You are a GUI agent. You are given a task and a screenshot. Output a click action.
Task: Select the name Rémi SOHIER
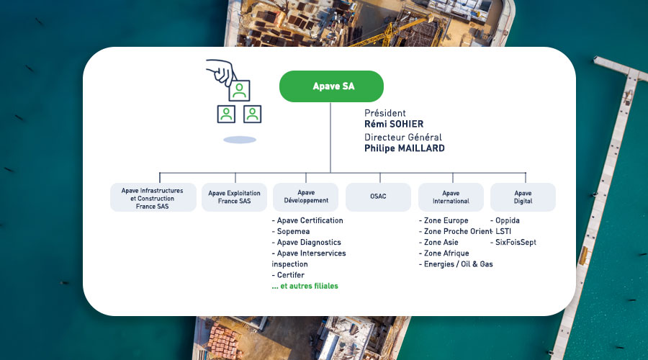point(395,124)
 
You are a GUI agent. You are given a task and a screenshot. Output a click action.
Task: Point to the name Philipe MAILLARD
point(404,148)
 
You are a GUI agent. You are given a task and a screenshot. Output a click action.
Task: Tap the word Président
point(385,113)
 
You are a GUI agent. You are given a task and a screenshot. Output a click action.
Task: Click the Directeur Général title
point(403,137)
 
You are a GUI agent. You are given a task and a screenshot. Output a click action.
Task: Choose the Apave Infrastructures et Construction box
point(153,197)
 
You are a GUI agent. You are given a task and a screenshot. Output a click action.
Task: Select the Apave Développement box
point(306,197)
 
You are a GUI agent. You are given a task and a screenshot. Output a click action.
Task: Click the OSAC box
point(378,197)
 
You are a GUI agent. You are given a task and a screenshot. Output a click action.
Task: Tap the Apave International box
point(451,197)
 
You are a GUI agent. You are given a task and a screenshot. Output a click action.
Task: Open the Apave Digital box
point(523,197)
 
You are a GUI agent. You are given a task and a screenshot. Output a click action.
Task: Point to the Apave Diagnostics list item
point(309,243)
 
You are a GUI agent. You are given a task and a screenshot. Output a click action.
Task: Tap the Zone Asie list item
point(441,243)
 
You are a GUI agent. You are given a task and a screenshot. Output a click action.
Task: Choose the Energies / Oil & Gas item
point(456,264)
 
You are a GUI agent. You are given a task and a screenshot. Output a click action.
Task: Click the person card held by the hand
point(239,91)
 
